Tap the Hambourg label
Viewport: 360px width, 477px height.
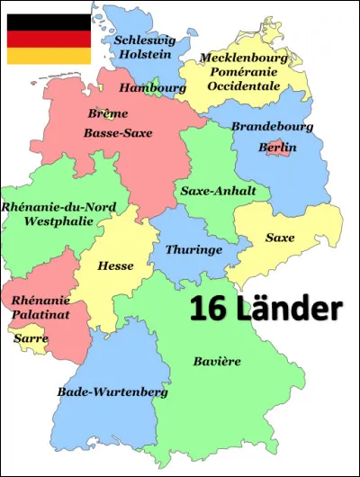coord(153,88)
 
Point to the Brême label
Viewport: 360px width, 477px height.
coord(108,114)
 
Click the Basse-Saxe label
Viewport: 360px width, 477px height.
coord(118,133)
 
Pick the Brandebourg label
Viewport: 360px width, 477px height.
coord(272,127)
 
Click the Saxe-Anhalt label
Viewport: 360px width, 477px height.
coord(219,191)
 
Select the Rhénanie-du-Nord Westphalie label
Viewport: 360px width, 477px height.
coord(48,213)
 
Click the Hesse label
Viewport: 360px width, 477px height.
coord(115,266)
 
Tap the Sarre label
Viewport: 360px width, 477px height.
coord(31,338)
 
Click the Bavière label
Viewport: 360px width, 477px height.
coord(217,361)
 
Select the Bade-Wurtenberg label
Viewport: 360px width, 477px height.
coord(99,392)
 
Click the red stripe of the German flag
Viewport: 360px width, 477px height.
coord(49,40)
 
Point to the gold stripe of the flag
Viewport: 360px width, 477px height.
coord(49,56)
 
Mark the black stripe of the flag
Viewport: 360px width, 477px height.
coord(49,23)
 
